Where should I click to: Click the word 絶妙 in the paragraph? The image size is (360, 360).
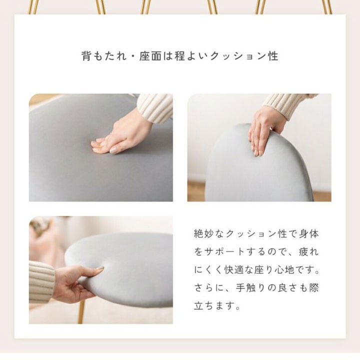click(205, 233)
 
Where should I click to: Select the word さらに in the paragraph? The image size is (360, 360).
click(205, 288)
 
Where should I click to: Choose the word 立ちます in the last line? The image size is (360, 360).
click(212, 306)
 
